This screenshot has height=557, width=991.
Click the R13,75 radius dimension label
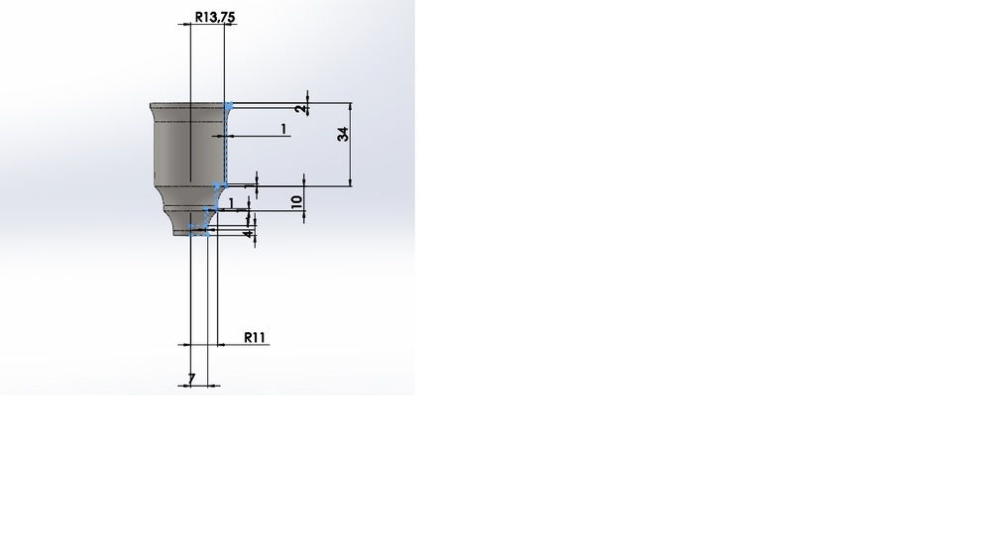pos(215,17)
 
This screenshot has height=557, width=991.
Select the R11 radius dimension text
pos(255,338)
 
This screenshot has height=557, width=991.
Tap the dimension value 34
pos(343,134)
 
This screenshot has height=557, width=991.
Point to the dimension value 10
pos(297,201)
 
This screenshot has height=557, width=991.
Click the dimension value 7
pos(191,378)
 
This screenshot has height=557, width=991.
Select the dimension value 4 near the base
pos(249,234)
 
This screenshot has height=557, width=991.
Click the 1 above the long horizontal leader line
pos(283,129)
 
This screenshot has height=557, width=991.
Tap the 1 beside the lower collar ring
pos(231,203)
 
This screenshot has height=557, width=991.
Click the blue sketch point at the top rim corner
pos(229,106)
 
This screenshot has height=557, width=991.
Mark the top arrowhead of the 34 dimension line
pos(351,106)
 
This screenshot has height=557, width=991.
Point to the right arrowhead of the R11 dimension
pos(221,345)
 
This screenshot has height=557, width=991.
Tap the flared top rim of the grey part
pos(189,106)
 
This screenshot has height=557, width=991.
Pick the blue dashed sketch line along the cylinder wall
pos(226,146)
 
